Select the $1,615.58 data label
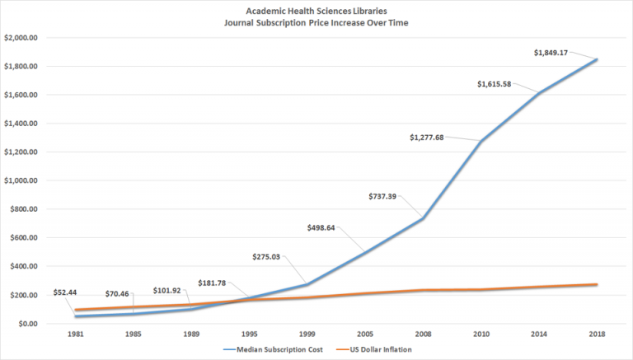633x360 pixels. point(500,83)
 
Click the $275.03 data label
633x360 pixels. point(270,256)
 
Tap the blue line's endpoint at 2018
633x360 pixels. point(598,59)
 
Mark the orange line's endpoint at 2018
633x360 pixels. point(598,285)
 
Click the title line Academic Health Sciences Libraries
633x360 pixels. point(316,11)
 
